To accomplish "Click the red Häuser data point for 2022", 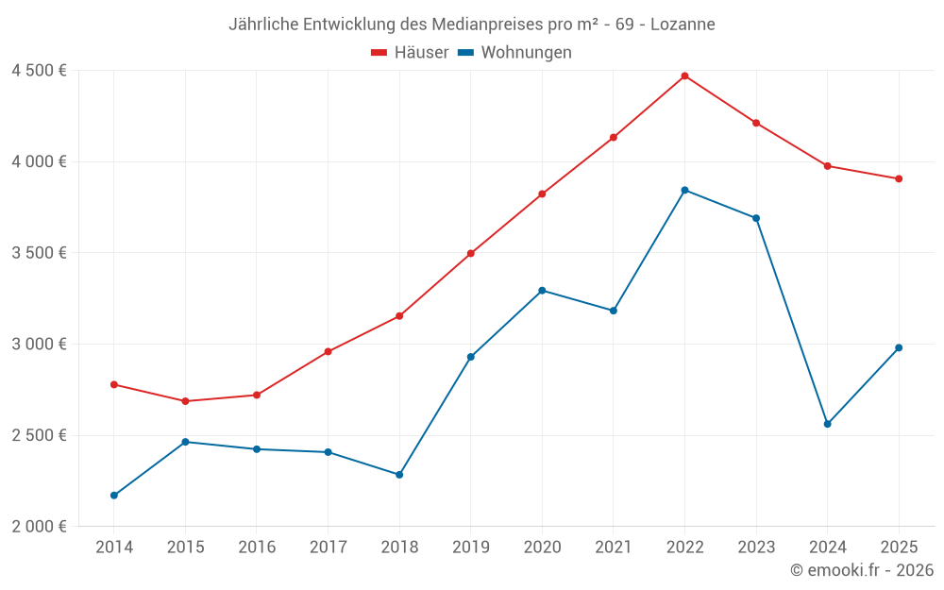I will pyautogui.click(x=684, y=76).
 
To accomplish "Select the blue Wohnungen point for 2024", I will pyautogui.click(x=827, y=424).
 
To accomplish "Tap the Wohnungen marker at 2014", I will pyautogui.click(x=114, y=496).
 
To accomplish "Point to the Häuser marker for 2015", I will pyautogui.click(x=185, y=401).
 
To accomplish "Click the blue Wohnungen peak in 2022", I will pyautogui.click(x=684, y=190).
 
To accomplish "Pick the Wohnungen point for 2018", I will pyautogui.click(x=399, y=475).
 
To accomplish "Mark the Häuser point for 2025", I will pyautogui.click(x=899, y=178).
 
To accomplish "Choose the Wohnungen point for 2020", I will pyautogui.click(x=542, y=290).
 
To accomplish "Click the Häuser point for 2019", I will pyautogui.click(x=470, y=253).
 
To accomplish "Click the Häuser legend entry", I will pyautogui.click(x=410, y=53).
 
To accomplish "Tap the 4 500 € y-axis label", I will pyautogui.click(x=39, y=71).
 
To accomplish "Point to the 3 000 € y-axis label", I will pyautogui.click(x=39, y=344).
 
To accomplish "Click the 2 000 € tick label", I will pyautogui.click(x=39, y=527).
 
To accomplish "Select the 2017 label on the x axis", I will pyautogui.click(x=328, y=547).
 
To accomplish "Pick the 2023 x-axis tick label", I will pyautogui.click(x=756, y=547).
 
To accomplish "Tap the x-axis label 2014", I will pyautogui.click(x=114, y=547).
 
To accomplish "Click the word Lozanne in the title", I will pyautogui.click(x=683, y=24).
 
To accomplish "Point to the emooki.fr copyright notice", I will pyautogui.click(x=861, y=570).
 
